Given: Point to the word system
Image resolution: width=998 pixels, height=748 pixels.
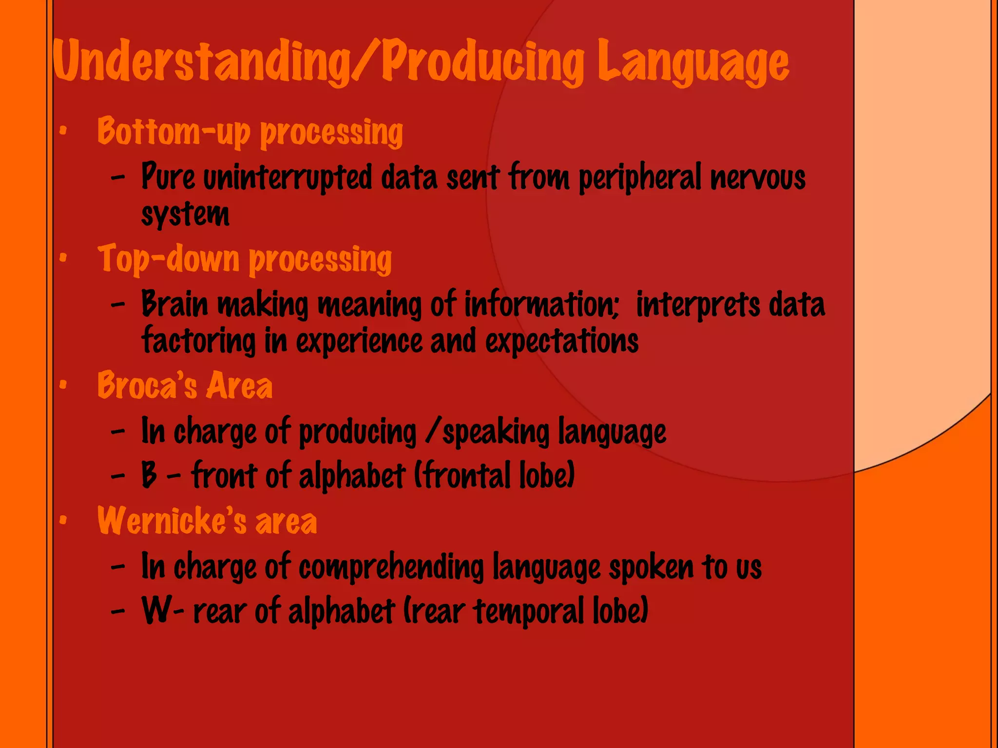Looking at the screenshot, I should click(185, 214).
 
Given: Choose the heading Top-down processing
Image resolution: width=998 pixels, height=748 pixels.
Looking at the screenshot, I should click(245, 259).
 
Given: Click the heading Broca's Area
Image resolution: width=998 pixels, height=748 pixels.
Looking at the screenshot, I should click(185, 386).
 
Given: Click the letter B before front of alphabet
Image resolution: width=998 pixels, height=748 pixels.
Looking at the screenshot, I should click(149, 475).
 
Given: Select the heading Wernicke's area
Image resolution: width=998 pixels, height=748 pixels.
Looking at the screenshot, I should click(207, 521).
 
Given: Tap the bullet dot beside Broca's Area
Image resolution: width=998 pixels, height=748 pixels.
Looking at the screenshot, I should click(63, 385).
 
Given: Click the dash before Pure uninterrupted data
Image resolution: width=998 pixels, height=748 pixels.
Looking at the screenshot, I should click(118, 178).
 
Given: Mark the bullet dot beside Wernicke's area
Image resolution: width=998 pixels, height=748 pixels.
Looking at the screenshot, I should click(63, 521).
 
